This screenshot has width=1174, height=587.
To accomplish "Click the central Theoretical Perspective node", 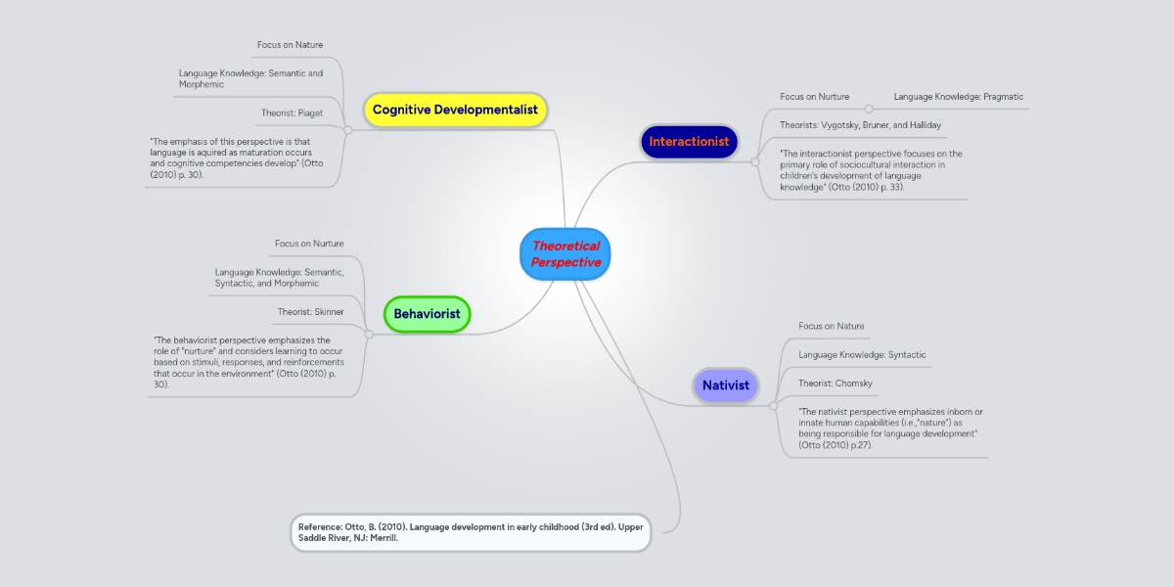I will tap(565, 254).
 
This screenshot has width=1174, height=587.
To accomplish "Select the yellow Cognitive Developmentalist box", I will tap(455, 110).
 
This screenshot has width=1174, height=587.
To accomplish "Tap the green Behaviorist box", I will tap(428, 314).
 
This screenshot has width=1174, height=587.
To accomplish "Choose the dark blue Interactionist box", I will tap(689, 142).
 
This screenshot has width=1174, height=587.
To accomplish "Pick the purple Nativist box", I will tap(726, 385).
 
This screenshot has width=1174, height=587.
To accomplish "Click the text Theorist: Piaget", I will tap(292, 113).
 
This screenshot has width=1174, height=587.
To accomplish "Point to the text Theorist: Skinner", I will tap(310, 312).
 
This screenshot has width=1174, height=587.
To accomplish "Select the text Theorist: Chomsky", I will tap(835, 384).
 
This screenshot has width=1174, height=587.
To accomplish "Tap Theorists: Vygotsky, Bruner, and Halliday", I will tap(860, 125).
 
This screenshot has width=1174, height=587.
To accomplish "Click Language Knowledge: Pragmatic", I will tap(958, 97).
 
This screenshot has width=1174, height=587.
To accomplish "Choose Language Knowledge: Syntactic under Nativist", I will tap(862, 354).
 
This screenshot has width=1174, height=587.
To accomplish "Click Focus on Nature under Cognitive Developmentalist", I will tap(290, 45).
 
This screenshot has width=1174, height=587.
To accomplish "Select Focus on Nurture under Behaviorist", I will tap(309, 244).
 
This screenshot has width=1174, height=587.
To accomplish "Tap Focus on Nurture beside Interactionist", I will tap(814, 97).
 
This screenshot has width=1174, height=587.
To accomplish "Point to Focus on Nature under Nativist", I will tap(831, 326).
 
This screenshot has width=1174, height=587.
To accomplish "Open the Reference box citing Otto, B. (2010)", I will tap(471, 533).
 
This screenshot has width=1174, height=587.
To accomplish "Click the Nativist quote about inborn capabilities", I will tap(890, 428).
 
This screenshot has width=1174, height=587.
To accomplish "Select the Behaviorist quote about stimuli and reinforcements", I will tap(248, 362).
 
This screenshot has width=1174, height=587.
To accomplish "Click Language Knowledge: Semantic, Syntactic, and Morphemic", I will tap(279, 278).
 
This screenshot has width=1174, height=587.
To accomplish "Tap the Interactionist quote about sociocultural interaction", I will tap(871, 170).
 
